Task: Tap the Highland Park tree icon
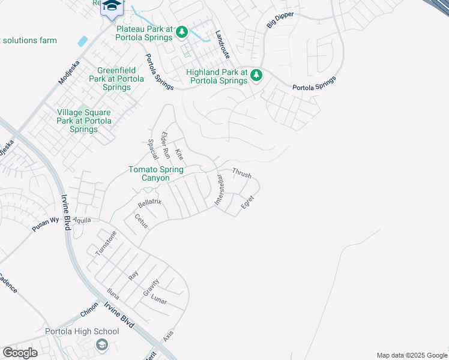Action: pyautogui.click(x=256, y=75)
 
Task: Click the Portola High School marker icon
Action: pyautogui.click(x=101, y=344)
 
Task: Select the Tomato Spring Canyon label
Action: pyautogui.click(x=157, y=173)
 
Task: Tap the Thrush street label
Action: pyautogui.click(x=241, y=173)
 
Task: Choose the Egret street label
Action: pyautogui.click(x=247, y=202)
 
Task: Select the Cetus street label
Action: pyautogui.click(x=141, y=221)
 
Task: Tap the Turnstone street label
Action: pyautogui.click(x=106, y=243)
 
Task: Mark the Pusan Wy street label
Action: pyautogui.click(x=46, y=224)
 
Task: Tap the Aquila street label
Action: pyautogui.click(x=82, y=220)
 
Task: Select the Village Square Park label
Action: pyautogui.click(x=83, y=121)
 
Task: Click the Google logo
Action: pyautogui.click(x=20, y=353)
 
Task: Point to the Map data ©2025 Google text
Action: pyautogui.click(x=411, y=355)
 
